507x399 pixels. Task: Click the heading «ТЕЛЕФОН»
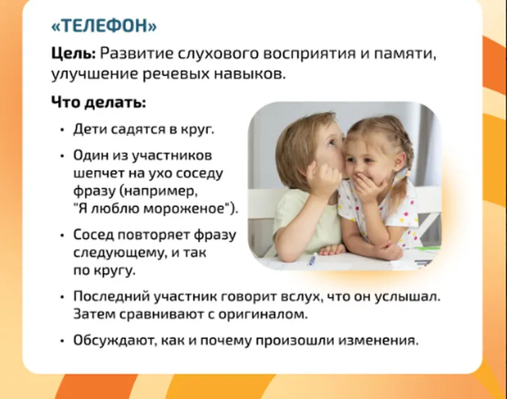point(104,25)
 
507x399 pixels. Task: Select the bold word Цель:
point(73,54)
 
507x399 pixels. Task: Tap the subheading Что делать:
point(99,103)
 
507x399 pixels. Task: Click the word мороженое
point(184,209)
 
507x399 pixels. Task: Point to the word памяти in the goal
point(404,54)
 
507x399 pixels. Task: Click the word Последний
point(111,296)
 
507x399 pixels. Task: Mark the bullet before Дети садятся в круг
point(62,130)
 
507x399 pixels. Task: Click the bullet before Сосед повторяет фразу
point(62,235)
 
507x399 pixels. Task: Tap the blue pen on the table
point(313,259)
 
